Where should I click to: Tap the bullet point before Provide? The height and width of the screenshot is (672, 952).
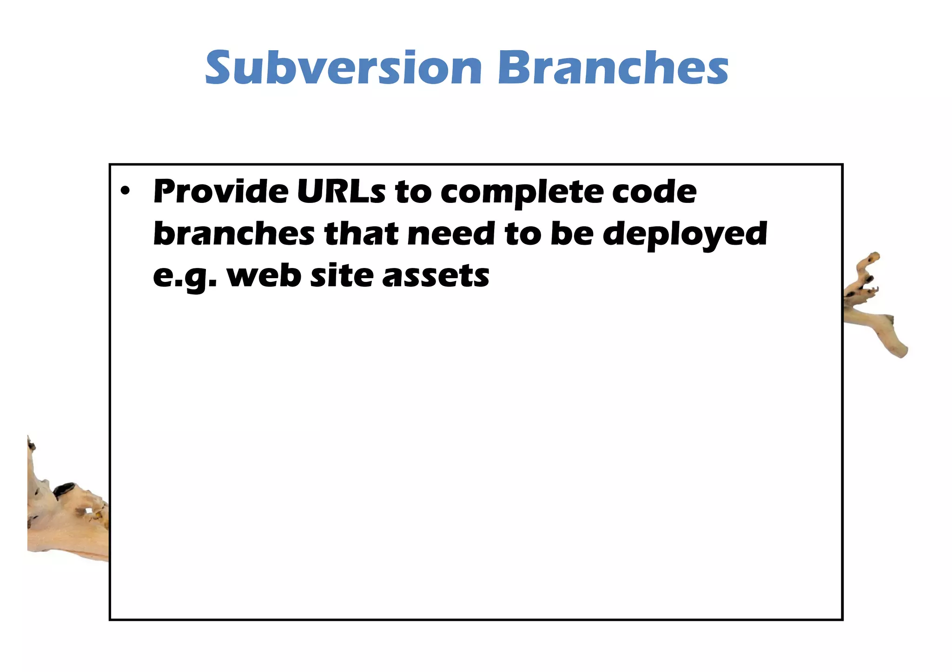point(124,191)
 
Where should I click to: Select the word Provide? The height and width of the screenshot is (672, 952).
point(221,191)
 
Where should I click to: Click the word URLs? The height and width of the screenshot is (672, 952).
point(341,191)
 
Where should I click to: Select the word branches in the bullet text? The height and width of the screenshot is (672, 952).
point(234,234)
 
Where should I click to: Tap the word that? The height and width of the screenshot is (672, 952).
point(361,234)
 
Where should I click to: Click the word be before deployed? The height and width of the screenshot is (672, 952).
point(572,234)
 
